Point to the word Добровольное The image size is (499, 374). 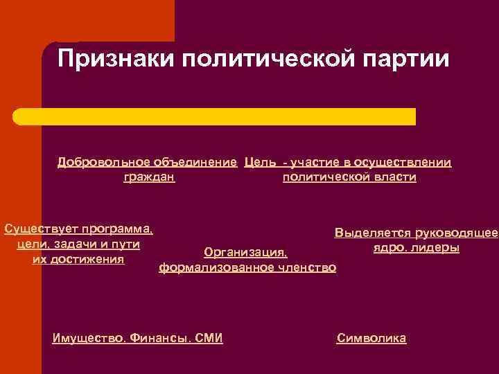click(101, 162)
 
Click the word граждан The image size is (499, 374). click(149, 177)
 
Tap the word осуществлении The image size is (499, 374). click(403, 162)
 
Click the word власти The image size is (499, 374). click(395, 177)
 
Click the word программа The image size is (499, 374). click(118, 229)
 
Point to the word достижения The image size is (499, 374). click(89, 259)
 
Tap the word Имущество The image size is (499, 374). click(90, 338)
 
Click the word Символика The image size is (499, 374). click(371, 338)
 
